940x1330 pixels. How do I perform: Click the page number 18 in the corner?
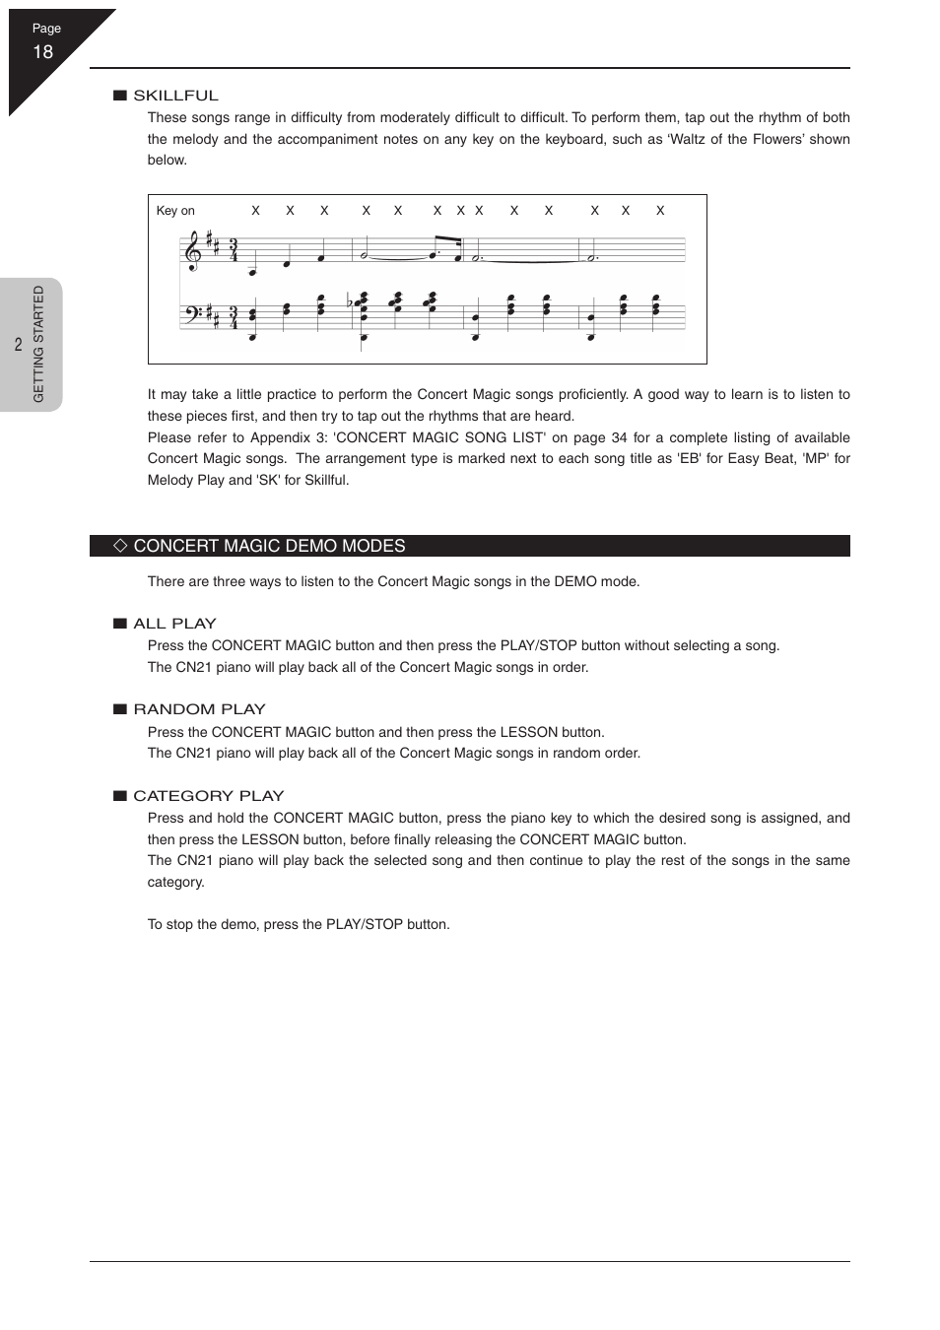[x=42, y=52]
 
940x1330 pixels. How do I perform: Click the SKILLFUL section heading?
[x=175, y=96]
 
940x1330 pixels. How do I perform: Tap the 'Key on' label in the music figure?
[x=175, y=211]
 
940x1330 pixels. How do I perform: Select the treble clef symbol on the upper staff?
[x=193, y=251]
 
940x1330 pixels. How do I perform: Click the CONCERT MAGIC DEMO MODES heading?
[x=269, y=546]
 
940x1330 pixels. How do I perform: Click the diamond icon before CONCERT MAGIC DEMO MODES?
[x=120, y=546]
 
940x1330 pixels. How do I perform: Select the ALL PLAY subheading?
[x=174, y=624]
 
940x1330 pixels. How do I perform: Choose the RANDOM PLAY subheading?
[x=199, y=709]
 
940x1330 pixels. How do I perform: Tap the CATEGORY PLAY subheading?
[x=208, y=796]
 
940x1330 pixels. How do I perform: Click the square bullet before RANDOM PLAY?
[x=120, y=709]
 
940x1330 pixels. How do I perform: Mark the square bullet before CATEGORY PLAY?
[x=120, y=796]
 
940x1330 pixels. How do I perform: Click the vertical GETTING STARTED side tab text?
[x=39, y=344]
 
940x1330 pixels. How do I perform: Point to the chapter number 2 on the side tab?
[x=18, y=345]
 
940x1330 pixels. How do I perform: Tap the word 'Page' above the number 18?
[x=46, y=29]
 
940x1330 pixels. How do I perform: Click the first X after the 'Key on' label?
[x=255, y=211]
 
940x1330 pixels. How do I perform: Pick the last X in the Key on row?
[x=660, y=211]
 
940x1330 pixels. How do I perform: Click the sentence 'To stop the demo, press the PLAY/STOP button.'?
[x=299, y=924]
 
